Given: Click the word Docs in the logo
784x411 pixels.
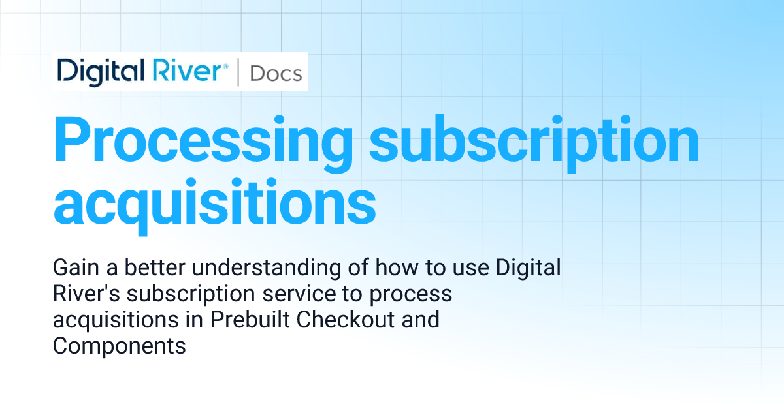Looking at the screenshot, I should tap(276, 73).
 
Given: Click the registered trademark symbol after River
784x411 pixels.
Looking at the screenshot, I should tap(226, 66).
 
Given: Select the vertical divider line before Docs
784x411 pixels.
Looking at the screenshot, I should tap(238, 72).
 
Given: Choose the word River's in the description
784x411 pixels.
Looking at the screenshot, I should tap(84, 294).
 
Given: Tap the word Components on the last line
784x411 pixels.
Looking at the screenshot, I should tap(120, 346).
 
